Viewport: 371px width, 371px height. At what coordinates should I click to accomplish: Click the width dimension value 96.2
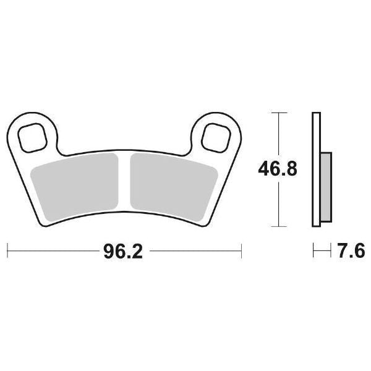click(124, 252)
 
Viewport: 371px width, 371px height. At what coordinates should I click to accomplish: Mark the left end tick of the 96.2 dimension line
click(7, 251)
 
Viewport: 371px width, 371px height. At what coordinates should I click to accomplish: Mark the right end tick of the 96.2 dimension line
click(241, 251)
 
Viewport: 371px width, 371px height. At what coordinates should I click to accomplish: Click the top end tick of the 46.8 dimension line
click(279, 113)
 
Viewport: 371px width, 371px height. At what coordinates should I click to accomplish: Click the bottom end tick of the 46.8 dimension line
click(279, 225)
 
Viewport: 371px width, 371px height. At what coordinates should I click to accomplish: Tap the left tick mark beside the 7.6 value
click(315, 251)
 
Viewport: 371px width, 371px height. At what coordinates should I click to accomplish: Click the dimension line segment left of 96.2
click(53, 251)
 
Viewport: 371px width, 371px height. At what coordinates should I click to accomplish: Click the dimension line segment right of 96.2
click(195, 251)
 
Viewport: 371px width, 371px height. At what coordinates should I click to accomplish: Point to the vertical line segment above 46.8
click(279, 133)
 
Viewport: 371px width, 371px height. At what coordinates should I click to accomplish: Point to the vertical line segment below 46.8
click(279, 204)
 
